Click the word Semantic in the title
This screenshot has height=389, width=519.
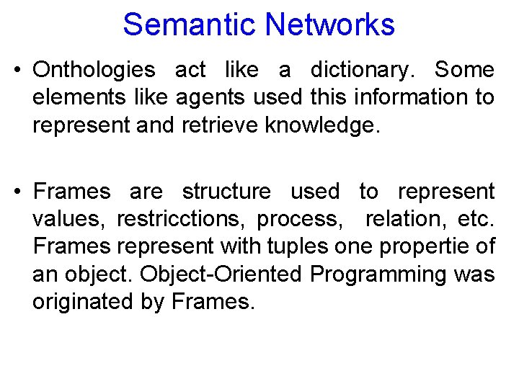(190, 24)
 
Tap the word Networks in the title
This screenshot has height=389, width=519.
(329, 24)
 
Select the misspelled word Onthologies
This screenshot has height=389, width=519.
(94, 71)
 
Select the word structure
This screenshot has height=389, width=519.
(226, 192)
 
